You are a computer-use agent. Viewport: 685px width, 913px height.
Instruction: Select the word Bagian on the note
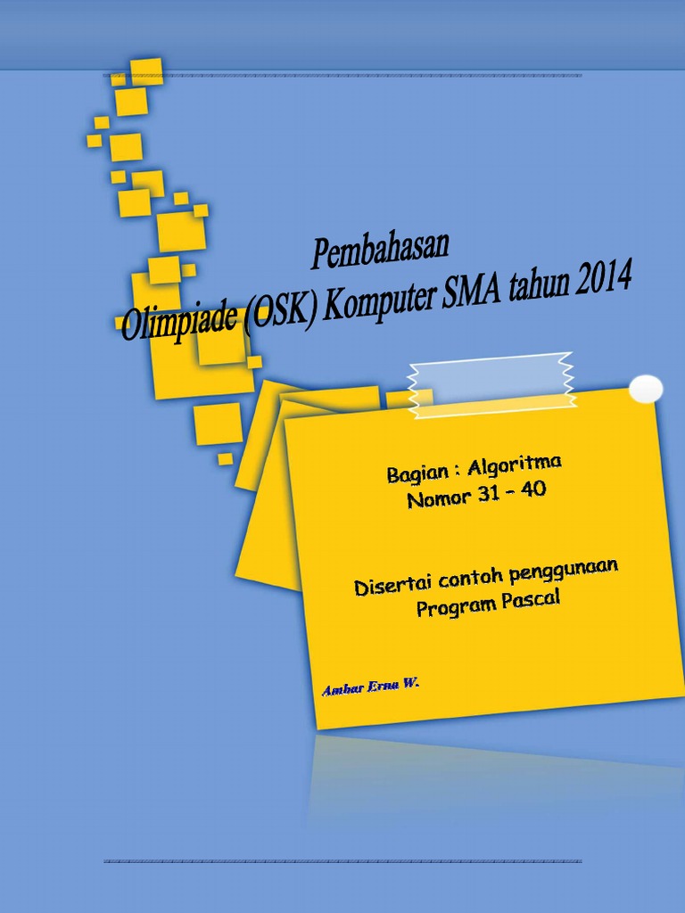[x=417, y=473]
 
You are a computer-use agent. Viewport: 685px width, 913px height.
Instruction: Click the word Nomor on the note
[x=436, y=498]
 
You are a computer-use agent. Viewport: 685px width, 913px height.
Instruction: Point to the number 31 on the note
[x=487, y=495]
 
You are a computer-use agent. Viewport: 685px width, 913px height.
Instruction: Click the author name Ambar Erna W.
[x=369, y=688]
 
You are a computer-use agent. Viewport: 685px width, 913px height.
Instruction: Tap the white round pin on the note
[x=645, y=389]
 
